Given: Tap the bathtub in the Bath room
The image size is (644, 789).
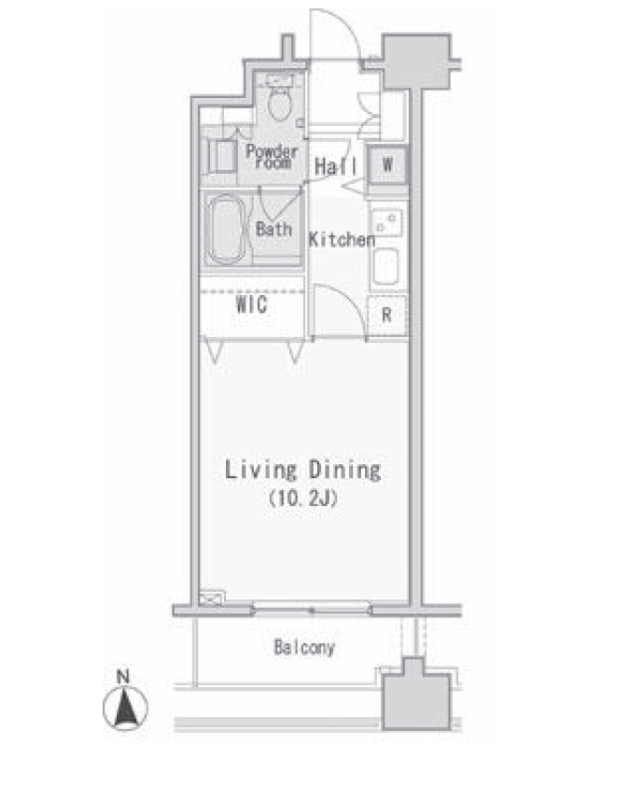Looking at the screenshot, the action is pos(226,230).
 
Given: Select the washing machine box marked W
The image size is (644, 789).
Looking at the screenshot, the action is pos(387,164).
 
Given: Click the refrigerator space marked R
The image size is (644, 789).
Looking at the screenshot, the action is pos(386,316).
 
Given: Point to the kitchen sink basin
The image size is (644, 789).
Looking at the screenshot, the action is pos(385,266).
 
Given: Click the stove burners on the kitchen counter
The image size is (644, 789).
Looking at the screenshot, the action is pos(386,222).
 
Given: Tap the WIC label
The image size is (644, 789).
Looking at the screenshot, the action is pos(251,304).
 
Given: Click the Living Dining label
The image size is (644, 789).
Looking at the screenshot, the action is pos(302,471).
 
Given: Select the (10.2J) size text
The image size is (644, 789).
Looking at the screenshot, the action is pos(302,499).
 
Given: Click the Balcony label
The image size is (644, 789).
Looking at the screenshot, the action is pos(304,647).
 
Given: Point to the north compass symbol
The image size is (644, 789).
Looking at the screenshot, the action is pos(125,708).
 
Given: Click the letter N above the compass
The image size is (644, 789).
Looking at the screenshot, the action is pos(123,676).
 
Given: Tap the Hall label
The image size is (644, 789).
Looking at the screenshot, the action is pos(336,166).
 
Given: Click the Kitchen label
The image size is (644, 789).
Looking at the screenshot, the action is pos(342,240).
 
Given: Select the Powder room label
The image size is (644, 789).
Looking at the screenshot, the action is pos(272,156).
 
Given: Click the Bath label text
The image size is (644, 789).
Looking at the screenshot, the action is pos(273,230).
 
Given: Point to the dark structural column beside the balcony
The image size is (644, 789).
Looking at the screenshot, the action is pos(416,695).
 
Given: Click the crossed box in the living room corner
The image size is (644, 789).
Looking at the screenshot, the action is pos(212,598).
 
